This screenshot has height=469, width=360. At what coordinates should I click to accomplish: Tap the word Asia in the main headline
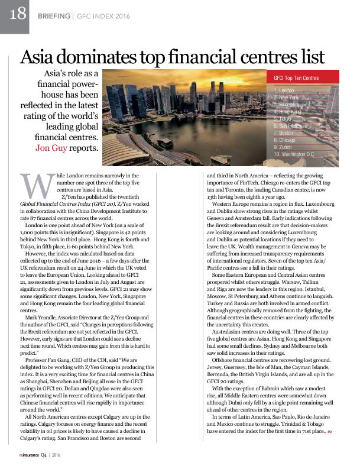coord(41,57)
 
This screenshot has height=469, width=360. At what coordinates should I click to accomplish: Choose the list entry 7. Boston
coord(284,132)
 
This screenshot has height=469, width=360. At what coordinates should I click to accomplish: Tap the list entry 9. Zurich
coord(283,147)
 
